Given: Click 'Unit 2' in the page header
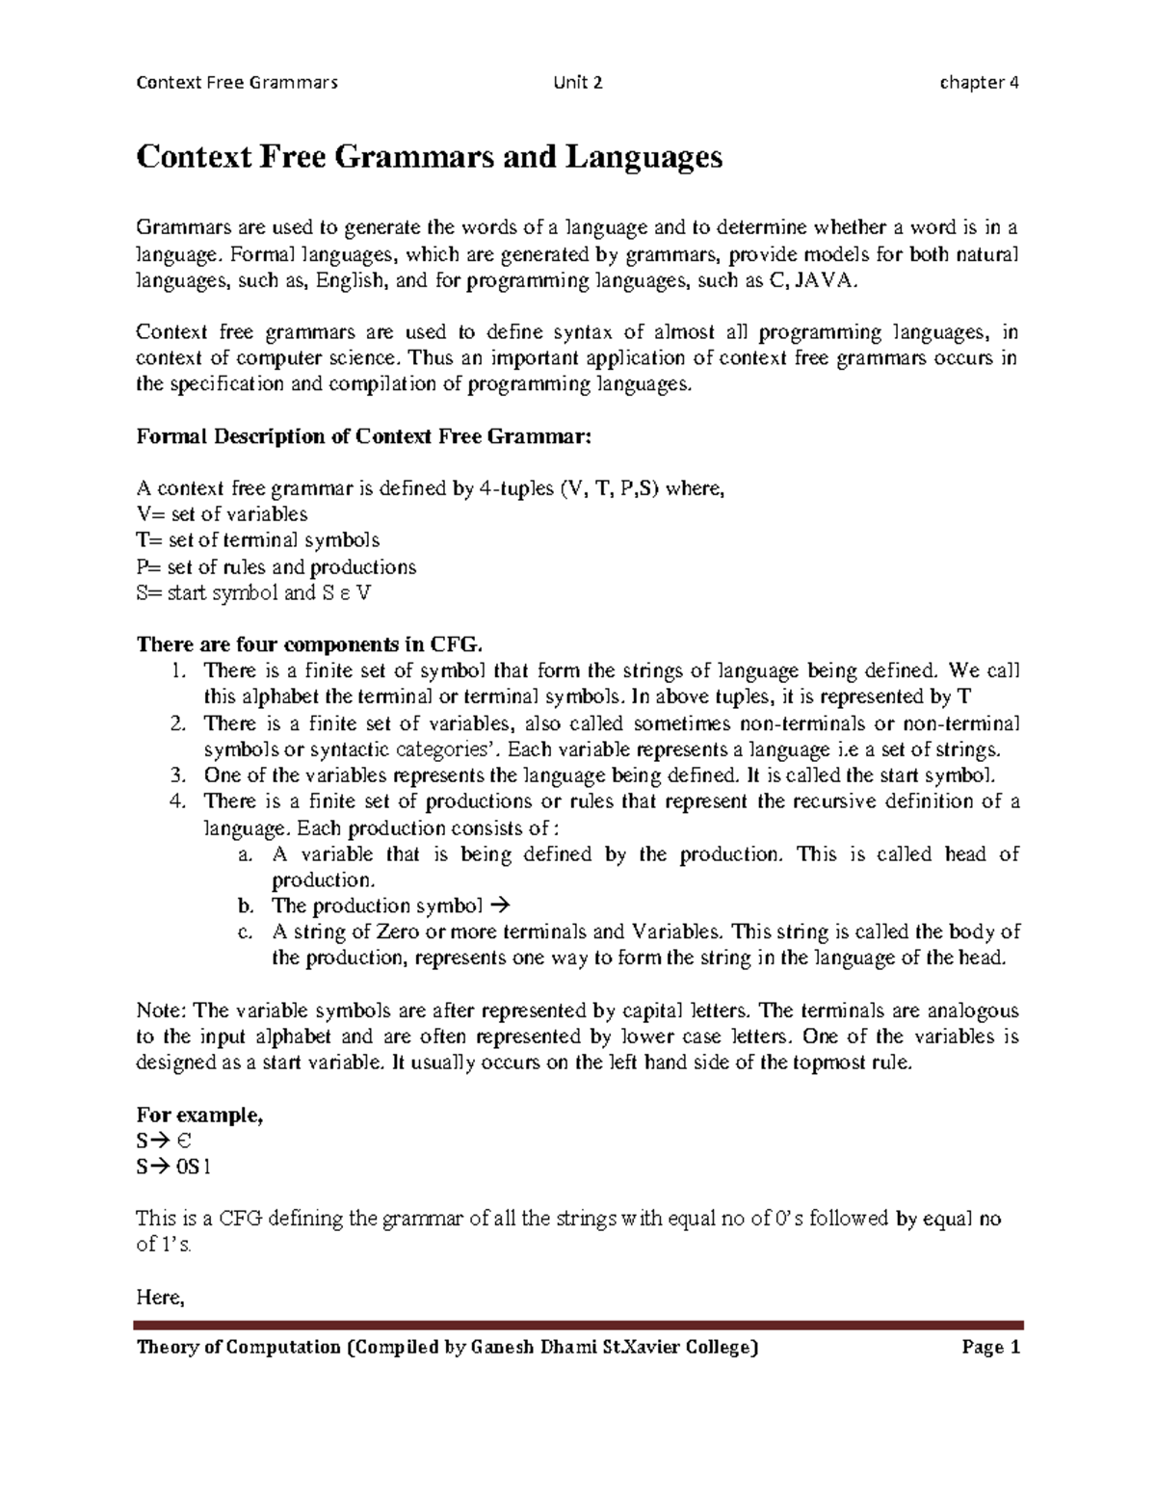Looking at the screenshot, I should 578,82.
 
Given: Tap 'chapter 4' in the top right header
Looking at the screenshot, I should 979,82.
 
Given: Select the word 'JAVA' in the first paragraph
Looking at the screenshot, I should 825,281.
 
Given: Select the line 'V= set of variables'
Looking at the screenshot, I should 223,514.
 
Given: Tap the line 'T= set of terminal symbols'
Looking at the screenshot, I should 258,540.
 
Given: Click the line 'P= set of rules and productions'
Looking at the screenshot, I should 276,566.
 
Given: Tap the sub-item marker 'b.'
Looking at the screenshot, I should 246,905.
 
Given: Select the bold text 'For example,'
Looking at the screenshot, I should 199,1115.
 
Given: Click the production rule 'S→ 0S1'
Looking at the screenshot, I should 173,1167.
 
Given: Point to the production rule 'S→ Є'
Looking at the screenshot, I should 165,1142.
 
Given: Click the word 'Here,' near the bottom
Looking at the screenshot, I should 160,1298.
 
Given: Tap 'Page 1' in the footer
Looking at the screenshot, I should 990,1348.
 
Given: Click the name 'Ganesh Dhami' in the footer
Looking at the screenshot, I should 531,1348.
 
